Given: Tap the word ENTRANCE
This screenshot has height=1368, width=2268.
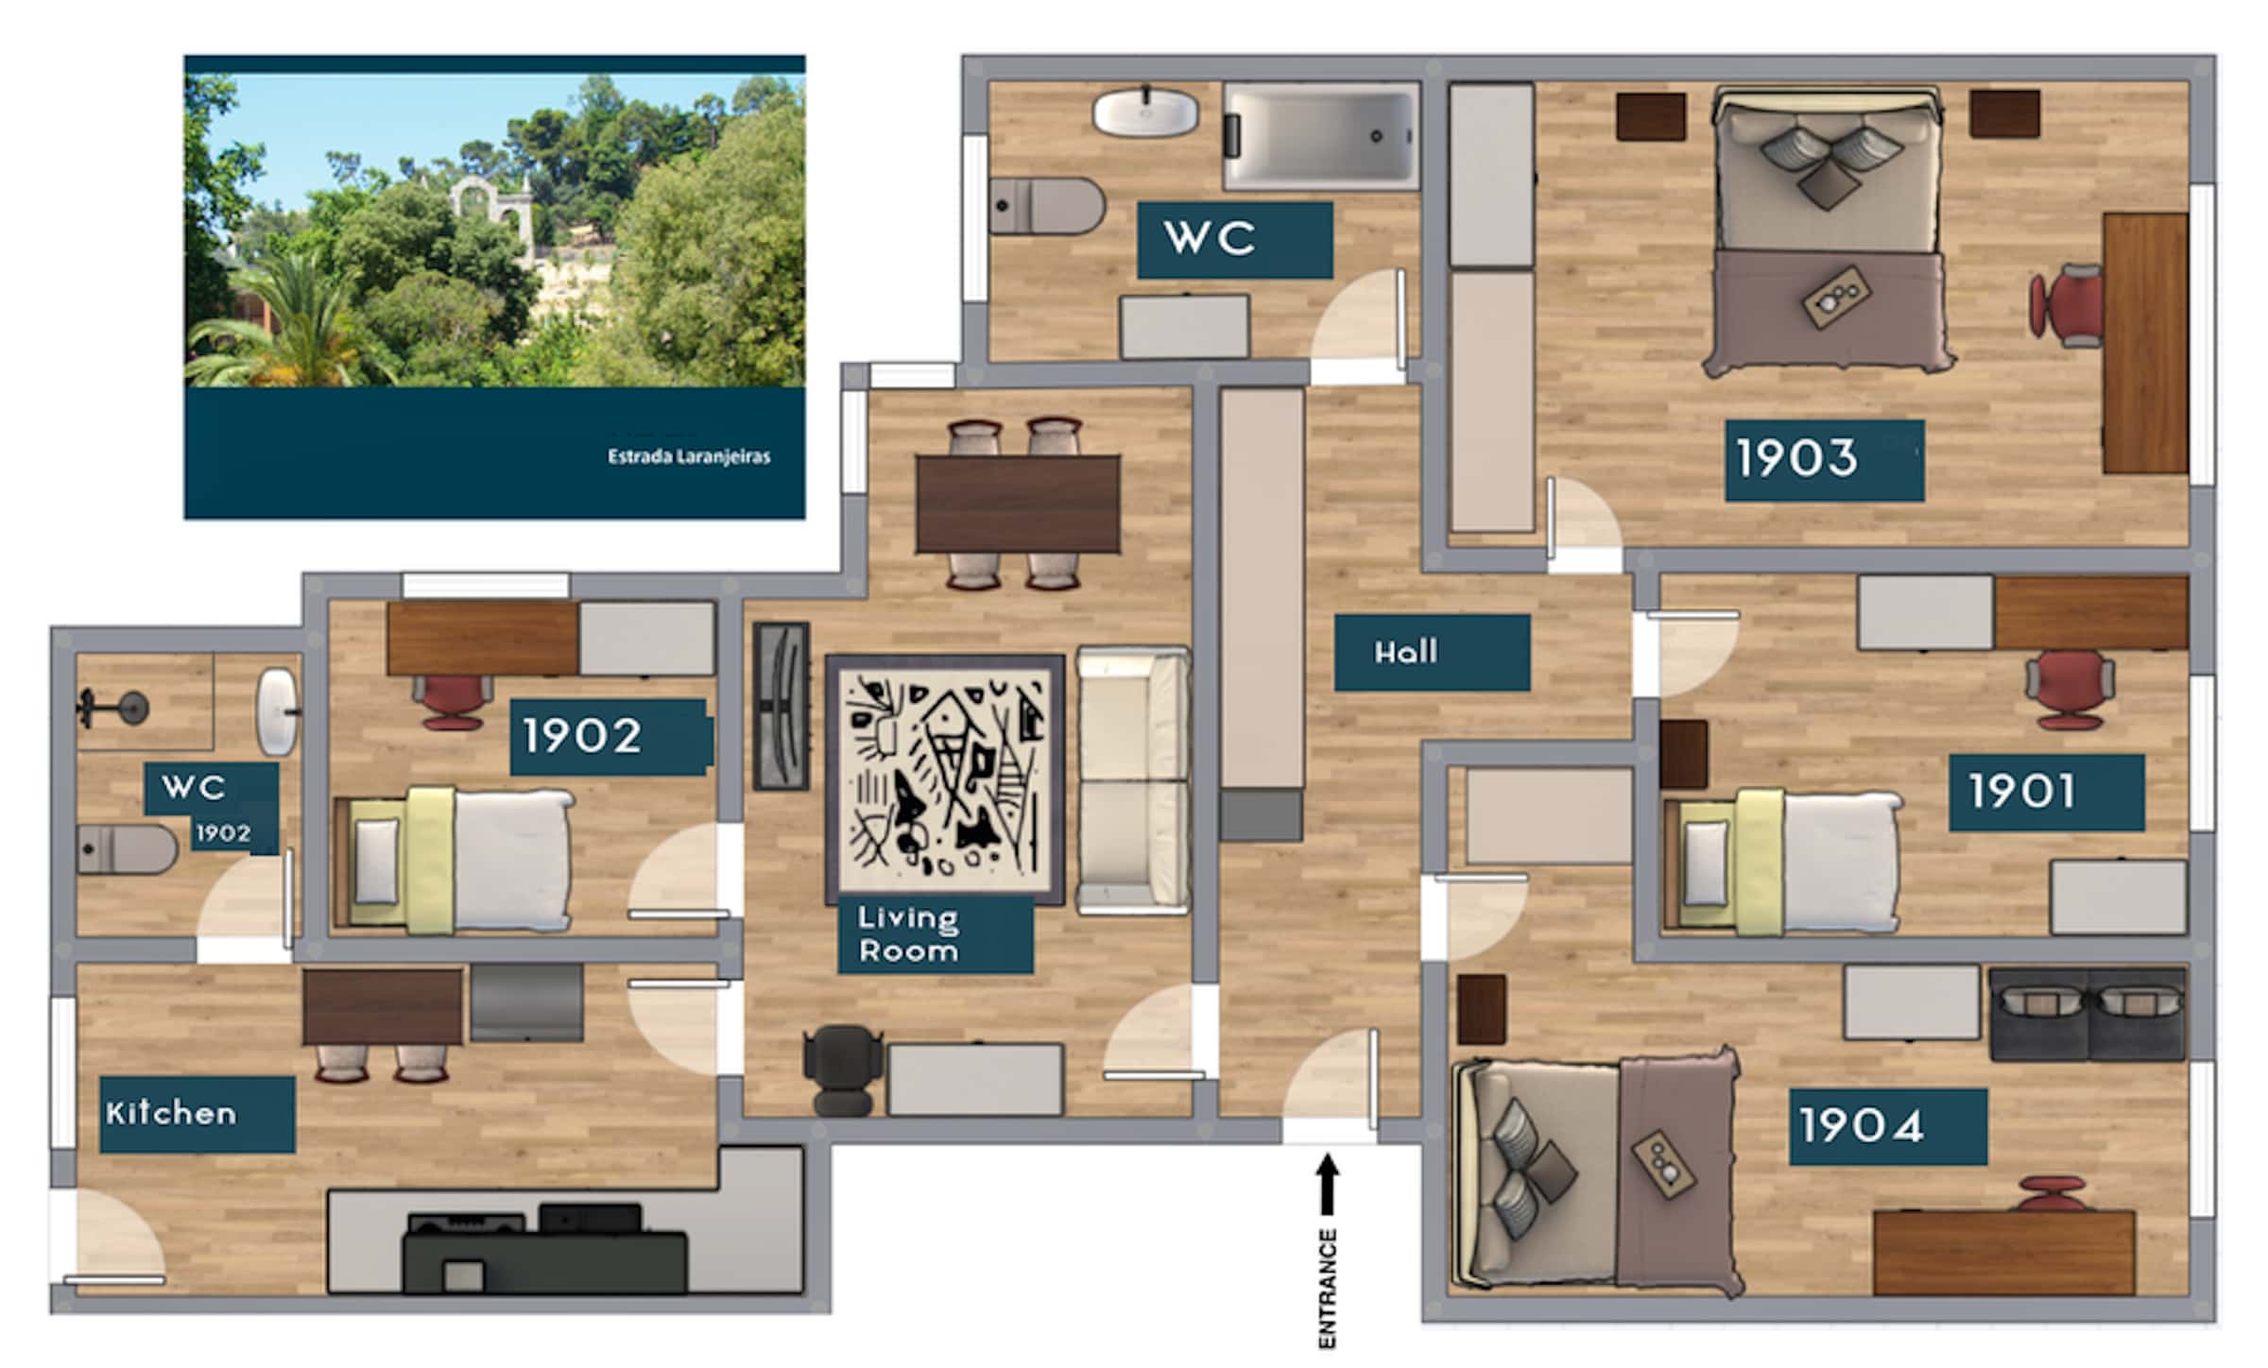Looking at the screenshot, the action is [1328, 1288].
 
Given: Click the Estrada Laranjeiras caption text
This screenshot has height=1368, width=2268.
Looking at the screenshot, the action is [689, 456].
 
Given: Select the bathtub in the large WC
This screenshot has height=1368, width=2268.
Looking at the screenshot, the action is [1321, 136].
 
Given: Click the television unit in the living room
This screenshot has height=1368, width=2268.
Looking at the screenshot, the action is [781, 706].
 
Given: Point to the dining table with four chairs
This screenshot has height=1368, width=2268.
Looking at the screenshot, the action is [1018, 504].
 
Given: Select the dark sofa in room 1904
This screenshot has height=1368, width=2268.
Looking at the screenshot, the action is [2088, 1014].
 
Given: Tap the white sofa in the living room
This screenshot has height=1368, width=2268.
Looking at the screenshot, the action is [1133, 780].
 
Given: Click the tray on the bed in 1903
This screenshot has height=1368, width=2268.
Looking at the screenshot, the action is [1833, 297].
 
